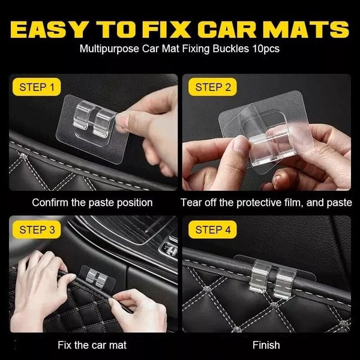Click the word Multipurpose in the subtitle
[106, 49]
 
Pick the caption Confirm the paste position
[92, 203]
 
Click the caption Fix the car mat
[92, 345]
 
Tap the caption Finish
[266, 345]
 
